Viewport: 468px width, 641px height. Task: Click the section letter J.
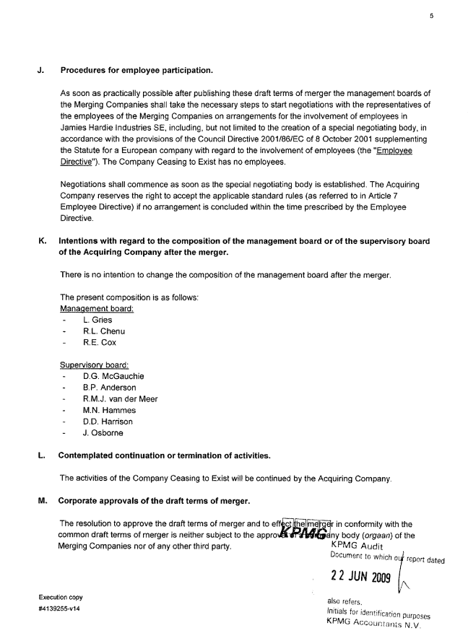[41, 70]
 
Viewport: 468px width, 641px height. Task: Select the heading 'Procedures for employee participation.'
[136, 70]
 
